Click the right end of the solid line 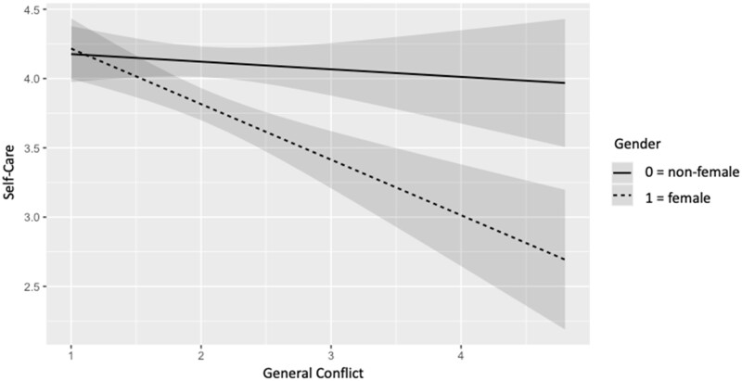564,83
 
